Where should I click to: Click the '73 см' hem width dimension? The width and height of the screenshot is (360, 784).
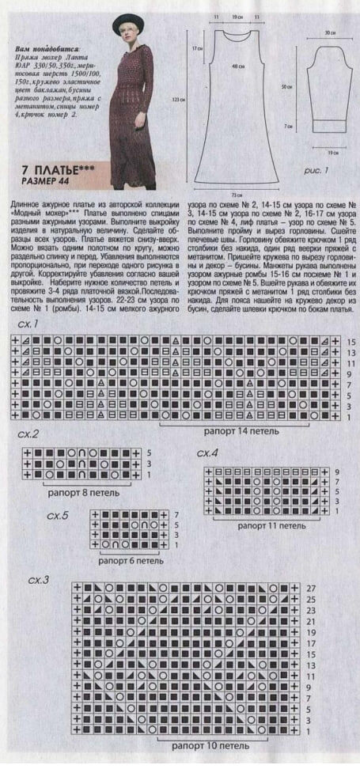pos(236,193)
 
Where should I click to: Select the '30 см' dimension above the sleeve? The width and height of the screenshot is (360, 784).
pos(327,32)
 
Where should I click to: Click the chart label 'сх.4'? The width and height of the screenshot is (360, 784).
pos(207,453)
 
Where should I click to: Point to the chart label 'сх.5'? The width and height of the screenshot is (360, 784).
pos(58,515)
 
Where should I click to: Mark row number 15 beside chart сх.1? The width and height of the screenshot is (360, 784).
pos(351,342)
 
